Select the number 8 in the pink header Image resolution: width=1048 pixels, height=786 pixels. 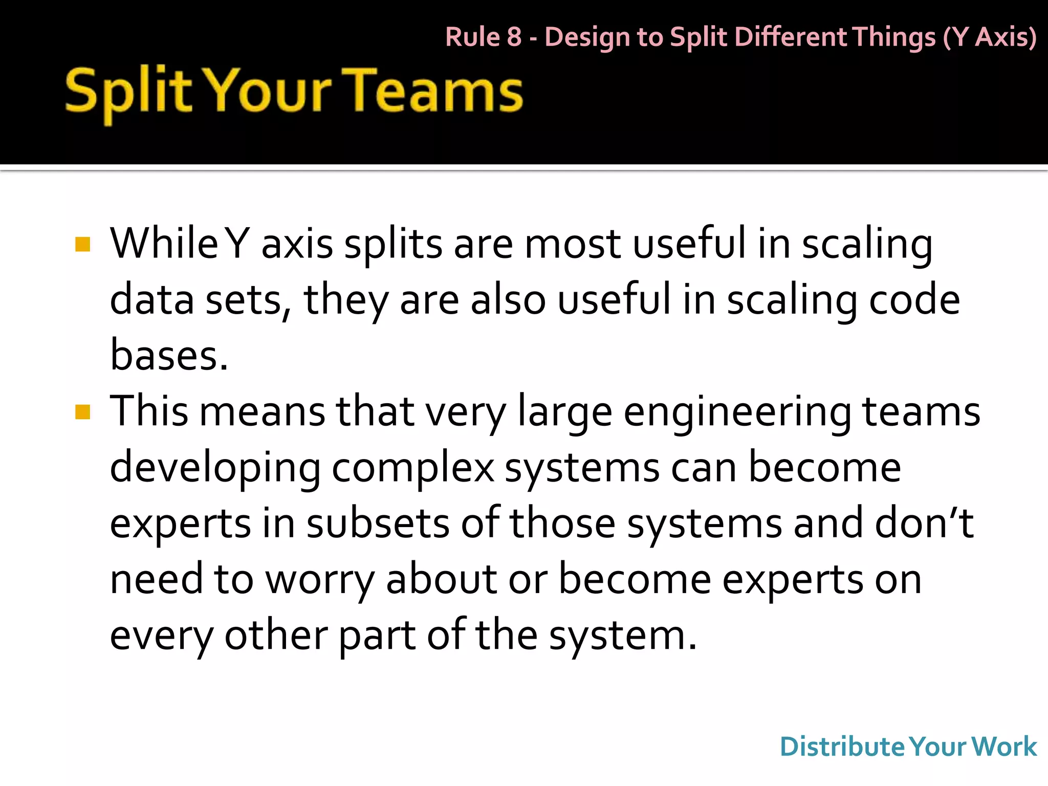click(514, 37)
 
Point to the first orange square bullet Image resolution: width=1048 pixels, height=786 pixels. click(82, 244)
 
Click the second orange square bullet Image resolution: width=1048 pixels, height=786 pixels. click(82, 412)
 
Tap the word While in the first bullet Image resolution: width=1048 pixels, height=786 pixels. click(164, 244)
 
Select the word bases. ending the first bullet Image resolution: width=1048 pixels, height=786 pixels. click(169, 355)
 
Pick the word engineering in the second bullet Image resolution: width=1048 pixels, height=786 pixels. click(736, 412)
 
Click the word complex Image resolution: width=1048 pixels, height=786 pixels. click(412, 468)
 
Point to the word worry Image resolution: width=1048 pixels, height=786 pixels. click(320, 580)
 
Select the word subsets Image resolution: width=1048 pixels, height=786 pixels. click(378, 523)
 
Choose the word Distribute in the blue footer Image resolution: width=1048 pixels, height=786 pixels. click(842, 747)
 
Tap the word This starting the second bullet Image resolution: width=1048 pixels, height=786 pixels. click(149, 411)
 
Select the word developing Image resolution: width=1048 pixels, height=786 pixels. click(215, 469)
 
